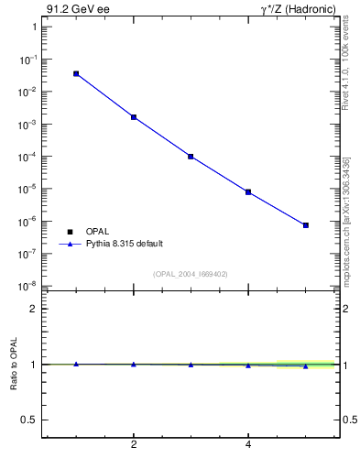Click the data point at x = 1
[76, 73]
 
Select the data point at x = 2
[134, 117]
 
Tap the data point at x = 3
[191, 157]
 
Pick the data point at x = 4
[248, 192]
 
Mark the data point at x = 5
[306, 225]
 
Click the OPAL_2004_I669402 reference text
[190, 273]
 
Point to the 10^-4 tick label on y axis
[27, 157]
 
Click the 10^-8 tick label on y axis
[27, 287]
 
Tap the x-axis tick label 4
[248, 446]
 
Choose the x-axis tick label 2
[134, 446]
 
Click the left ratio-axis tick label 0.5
[27, 420]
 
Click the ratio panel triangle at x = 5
[306, 366]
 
